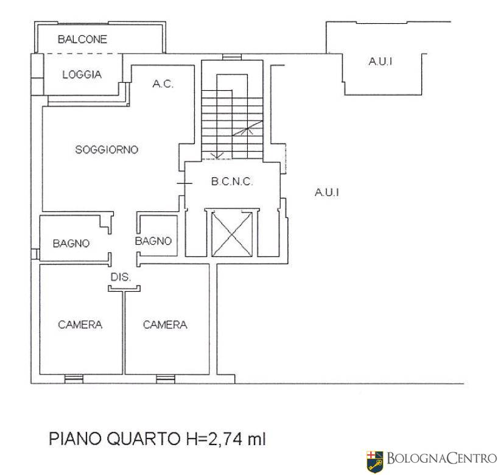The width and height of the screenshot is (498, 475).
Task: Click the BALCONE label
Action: click(x=82, y=39)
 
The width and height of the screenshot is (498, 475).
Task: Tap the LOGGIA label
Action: click(x=82, y=75)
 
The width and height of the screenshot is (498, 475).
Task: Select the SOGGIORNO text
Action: click(x=107, y=150)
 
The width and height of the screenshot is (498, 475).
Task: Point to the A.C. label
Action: click(x=163, y=84)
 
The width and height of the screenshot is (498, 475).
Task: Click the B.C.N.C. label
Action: click(x=232, y=181)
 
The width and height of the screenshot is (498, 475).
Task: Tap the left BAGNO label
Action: click(x=71, y=244)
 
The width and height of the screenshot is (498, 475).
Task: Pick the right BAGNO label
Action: click(x=153, y=241)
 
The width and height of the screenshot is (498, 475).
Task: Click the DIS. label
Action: click(x=121, y=277)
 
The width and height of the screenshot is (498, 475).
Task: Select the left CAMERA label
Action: click(x=80, y=325)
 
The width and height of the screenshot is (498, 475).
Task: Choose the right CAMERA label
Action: click(x=165, y=325)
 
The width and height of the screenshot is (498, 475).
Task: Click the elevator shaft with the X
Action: click(x=232, y=234)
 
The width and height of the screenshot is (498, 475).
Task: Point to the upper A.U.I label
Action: click(x=381, y=62)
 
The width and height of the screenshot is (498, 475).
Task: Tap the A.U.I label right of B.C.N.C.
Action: click(x=327, y=192)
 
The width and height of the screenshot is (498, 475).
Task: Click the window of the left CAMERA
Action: click(x=74, y=379)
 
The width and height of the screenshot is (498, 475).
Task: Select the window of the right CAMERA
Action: click(x=166, y=379)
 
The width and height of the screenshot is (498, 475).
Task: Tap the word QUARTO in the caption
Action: click(x=144, y=439)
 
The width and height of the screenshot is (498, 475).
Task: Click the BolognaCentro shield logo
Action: click(x=375, y=462)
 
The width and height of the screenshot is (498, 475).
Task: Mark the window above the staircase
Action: click(x=232, y=57)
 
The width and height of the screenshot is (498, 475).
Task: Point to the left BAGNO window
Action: click(x=35, y=254)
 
